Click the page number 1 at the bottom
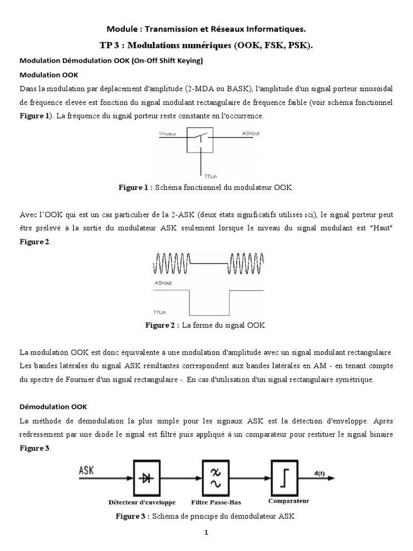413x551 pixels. coord(205,533)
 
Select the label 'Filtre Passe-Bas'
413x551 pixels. coord(216,502)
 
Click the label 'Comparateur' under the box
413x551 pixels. coord(289,500)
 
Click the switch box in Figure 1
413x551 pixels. coord(200,140)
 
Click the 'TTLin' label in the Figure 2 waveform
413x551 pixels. coord(160,312)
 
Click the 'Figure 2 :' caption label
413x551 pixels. coord(162,326)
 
